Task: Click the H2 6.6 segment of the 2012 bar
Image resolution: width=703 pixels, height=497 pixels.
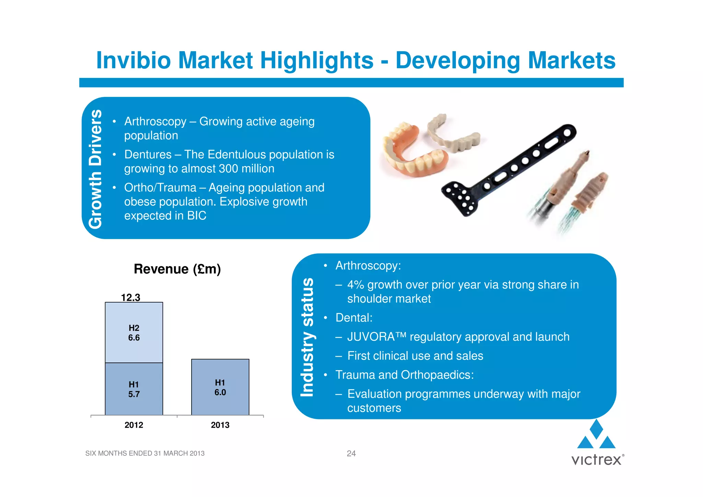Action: pos(134,332)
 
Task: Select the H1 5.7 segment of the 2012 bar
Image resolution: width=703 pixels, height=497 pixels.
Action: pos(134,389)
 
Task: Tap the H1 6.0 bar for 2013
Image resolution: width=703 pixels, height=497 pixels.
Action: pos(220,387)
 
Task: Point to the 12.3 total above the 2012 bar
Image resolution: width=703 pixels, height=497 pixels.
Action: pos(130,297)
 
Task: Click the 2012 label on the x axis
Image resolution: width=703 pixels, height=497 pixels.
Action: pos(134,425)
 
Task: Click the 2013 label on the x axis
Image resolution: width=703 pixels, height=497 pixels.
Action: pos(220,425)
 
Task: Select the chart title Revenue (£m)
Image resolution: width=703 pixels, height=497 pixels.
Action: pos(177,269)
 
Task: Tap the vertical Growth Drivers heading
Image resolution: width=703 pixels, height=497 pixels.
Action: pos(95,169)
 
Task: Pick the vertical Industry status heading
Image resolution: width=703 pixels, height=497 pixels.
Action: pos(307,337)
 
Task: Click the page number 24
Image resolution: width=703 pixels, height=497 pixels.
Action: pos(351,453)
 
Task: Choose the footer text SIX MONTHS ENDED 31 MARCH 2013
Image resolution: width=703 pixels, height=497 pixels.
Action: pos(145,453)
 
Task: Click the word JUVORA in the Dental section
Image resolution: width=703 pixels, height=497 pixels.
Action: pos(371,337)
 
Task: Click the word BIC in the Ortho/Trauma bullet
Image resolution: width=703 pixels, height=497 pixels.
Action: pos(197,216)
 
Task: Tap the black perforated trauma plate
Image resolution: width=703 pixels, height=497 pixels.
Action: pos(508,170)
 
